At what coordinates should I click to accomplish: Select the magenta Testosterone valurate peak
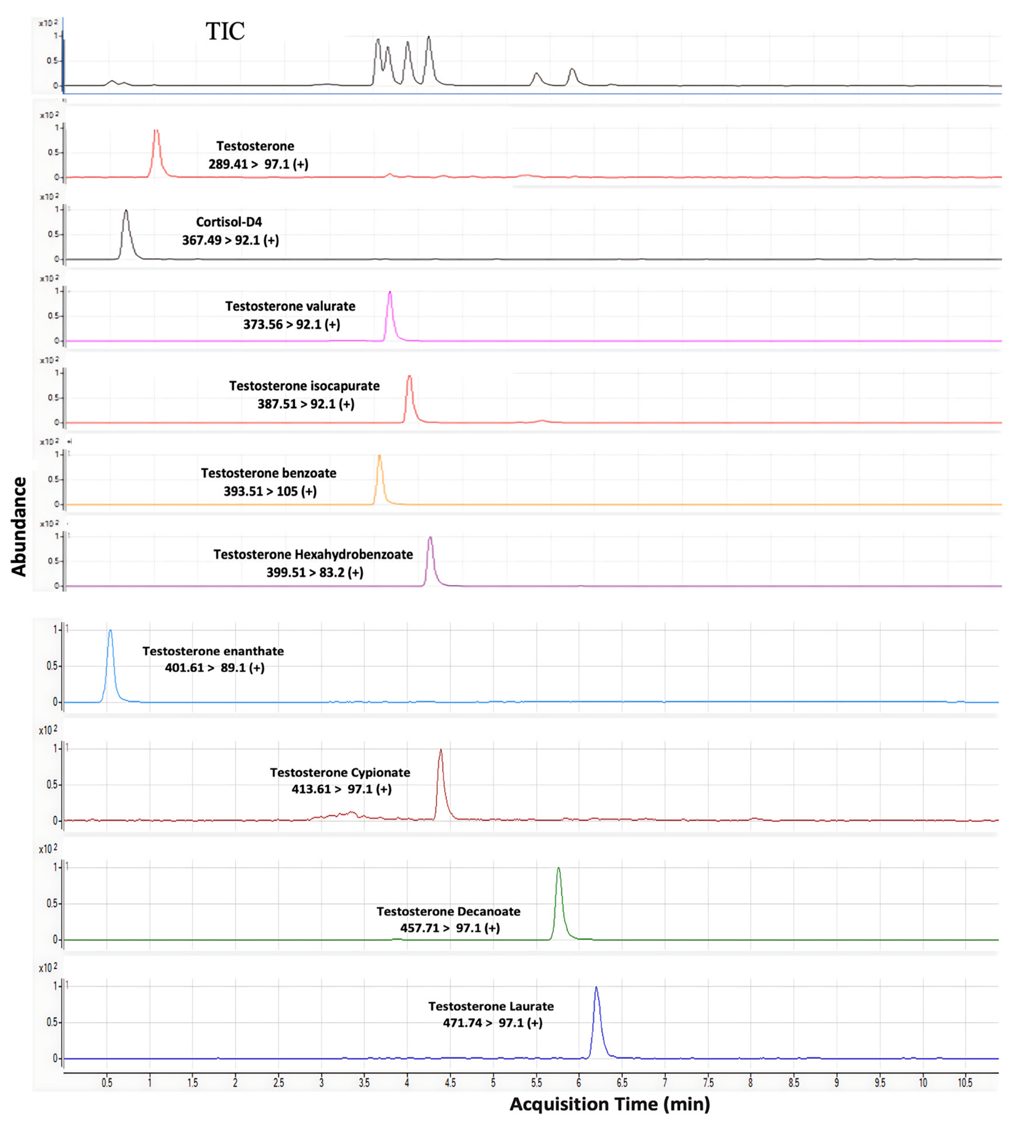pyautogui.click(x=390, y=293)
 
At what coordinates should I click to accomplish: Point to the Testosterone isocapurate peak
pyautogui.click(x=409, y=378)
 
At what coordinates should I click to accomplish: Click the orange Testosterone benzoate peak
pyautogui.click(x=379, y=458)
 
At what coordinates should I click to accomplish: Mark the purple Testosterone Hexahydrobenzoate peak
pyautogui.click(x=430, y=539)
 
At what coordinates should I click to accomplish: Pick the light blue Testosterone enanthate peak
pyautogui.click(x=110, y=632)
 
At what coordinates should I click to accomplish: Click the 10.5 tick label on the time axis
pyautogui.click(x=965, y=1083)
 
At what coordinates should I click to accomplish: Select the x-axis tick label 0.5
pyautogui.click(x=107, y=1083)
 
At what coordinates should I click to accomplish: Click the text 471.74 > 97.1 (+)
pyautogui.click(x=492, y=1023)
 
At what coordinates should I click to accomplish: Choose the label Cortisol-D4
pyautogui.click(x=229, y=222)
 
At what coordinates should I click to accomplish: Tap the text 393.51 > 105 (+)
pyautogui.click(x=270, y=491)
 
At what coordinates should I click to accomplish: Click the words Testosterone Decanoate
pyautogui.click(x=448, y=911)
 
